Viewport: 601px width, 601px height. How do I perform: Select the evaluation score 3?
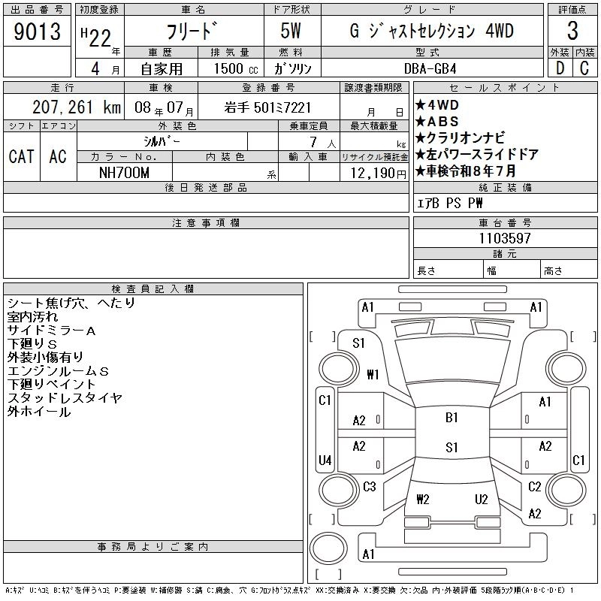pyautogui.click(x=572, y=32)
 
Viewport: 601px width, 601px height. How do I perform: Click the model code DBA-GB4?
pyautogui.click(x=440, y=68)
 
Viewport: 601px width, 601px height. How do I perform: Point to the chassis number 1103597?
pyautogui.click(x=505, y=239)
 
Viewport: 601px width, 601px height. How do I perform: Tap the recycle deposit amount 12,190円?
pyautogui.click(x=375, y=173)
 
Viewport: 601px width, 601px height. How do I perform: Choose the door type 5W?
pyautogui.click(x=292, y=32)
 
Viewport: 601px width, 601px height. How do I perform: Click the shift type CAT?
pyautogui.click(x=21, y=156)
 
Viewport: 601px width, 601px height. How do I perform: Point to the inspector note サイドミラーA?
pyautogui.click(x=51, y=331)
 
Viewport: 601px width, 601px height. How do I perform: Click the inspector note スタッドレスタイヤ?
pyautogui.click(x=65, y=398)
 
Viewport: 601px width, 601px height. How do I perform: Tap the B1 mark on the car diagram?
pyautogui.click(x=452, y=418)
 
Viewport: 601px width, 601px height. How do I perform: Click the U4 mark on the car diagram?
pyautogui.click(x=325, y=460)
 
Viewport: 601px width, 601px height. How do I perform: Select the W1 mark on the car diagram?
pyautogui.click(x=373, y=374)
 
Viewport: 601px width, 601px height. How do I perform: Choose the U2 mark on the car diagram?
pyautogui.click(x=482, y=499)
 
